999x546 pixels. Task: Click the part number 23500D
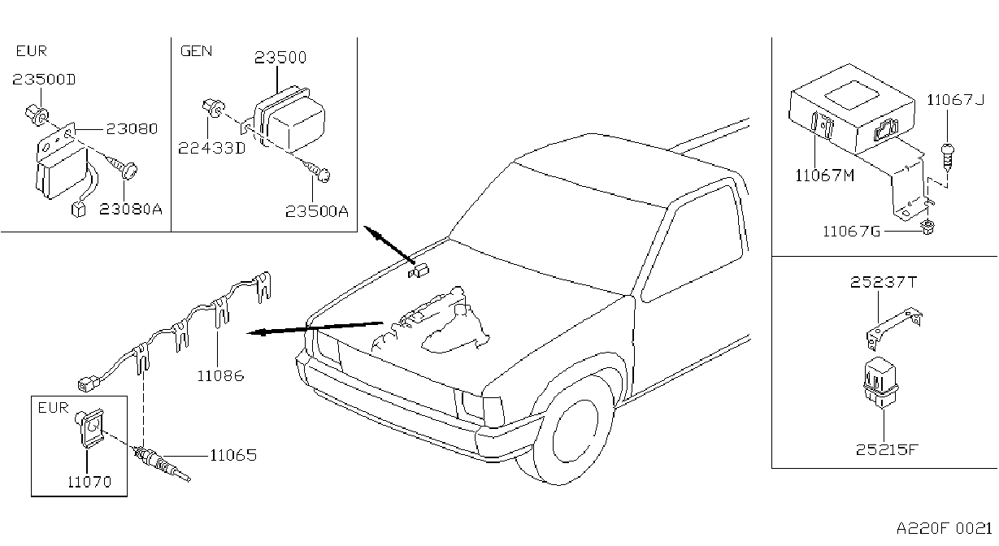[x=44, y=80]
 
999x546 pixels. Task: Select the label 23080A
[x=131, y=209]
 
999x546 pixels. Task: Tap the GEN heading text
[x=196, y=51]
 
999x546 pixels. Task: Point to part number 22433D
[x=212, y=148]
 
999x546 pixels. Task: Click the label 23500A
[x=317, y=211]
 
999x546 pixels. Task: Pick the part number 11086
[x=221, y=375]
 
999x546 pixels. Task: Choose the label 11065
[x=233, y=455]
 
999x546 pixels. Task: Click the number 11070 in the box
[x=89, y=482]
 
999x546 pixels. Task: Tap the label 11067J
[x=955, y=99]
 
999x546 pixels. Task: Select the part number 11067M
[x=824, y=175]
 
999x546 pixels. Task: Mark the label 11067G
[x=851, y=232]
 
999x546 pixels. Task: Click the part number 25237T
[x=883, y=282]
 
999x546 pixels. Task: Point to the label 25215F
[x=887, y=450]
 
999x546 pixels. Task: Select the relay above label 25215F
[x=881, y=383]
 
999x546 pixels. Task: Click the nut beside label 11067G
[x=927, y=227]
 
